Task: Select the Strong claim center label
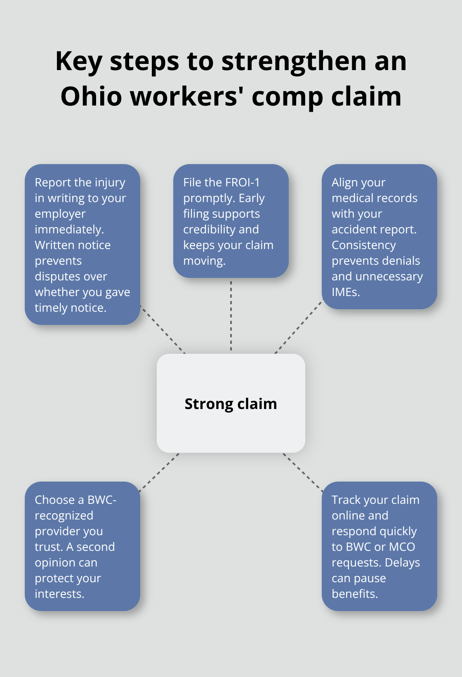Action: [x=231, y=404]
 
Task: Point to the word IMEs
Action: [x=346, y=292]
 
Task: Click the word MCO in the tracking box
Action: [x=402, y=547]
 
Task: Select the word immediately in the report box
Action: [x=69, y=229]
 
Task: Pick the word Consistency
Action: [x=363, y=245]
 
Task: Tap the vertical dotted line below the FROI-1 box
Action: [x=231, y=315]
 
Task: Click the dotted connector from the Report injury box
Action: [x=163, y=329]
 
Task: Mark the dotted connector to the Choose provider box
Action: [x=159, y=472]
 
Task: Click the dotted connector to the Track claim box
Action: [x=303, y=472]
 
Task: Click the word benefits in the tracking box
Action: [x=354, y=594]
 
